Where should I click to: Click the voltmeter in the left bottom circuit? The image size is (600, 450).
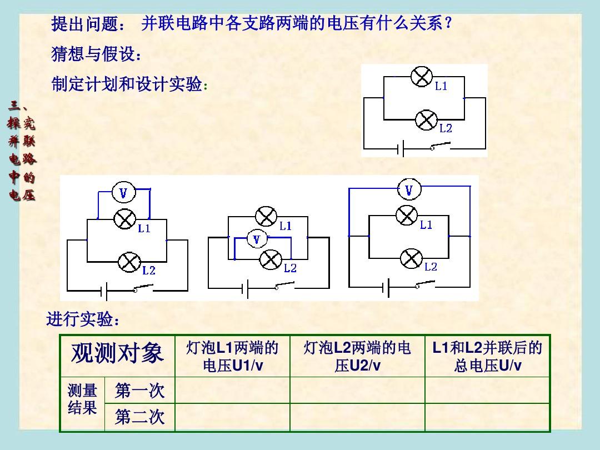tap(123, 193)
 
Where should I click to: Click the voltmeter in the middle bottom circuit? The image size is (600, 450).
tap(257, 239)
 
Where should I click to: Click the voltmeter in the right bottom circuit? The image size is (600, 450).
tap(409, 189)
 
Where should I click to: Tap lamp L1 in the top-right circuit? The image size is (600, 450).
tap(422, 77)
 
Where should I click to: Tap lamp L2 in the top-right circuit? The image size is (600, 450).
tap(426, 120)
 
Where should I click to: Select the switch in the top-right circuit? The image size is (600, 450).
tap(440, 146)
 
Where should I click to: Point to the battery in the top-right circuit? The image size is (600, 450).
tap(401, 148)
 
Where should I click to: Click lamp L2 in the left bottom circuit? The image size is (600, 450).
tap(129, 262)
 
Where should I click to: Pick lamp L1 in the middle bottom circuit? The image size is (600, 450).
tap(266, 217)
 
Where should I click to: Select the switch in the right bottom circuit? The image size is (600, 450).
tap(425, 285)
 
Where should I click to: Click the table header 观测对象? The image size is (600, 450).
tap(117, 353)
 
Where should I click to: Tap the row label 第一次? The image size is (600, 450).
tap(139, 391)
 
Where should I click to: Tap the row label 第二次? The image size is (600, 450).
tap(139, 417)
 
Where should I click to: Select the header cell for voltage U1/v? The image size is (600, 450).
tap(232, 356)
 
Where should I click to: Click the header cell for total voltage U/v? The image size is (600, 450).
tap(488, 356)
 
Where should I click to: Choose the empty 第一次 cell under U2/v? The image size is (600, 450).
tap(357, 391)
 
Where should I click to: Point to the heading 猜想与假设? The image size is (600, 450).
tap(97, 54)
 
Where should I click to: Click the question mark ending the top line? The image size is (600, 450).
tap(448, 23)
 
